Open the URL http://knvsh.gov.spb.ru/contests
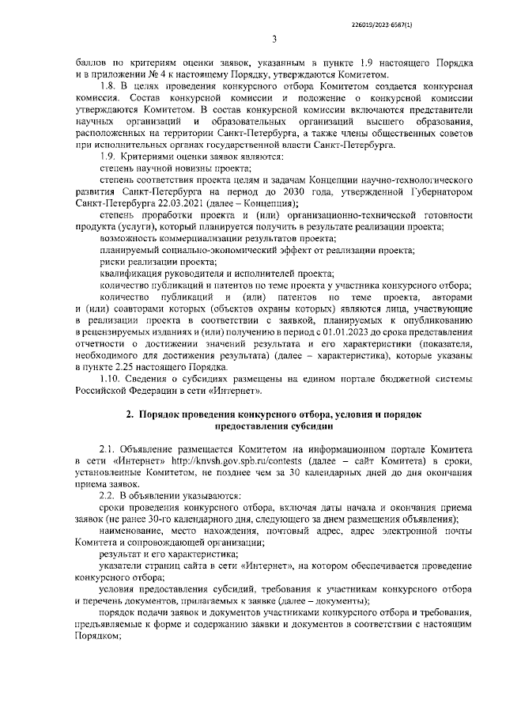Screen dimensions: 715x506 [225, 460]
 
